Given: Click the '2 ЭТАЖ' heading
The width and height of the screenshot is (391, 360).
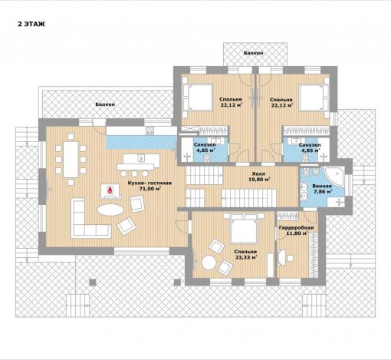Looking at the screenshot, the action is (31, 24).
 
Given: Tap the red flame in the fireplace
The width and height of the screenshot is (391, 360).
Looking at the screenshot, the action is (110, 190).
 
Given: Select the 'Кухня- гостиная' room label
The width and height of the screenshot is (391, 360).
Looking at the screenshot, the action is (149, 183).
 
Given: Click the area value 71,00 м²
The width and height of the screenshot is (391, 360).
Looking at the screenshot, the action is (150, 189).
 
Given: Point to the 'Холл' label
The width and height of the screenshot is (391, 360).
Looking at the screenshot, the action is (259, 174).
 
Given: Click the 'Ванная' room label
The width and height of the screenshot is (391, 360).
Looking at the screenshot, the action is (322, 186).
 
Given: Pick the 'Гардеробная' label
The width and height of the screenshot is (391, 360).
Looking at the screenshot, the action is (296, 227).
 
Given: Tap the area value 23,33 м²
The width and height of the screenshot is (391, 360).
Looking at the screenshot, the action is (246, 257).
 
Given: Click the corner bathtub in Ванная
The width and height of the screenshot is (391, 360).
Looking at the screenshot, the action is (333, 175).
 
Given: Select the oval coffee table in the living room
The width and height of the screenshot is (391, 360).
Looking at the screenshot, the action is (110, 210).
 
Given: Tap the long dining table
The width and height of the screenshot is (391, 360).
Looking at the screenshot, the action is (71, 159).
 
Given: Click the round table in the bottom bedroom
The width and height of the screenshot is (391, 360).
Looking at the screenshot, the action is (209, 262).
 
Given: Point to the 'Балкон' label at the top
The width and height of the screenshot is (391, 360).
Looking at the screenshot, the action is (253, 53).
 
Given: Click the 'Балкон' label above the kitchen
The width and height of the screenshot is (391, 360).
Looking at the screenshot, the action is (105, 104).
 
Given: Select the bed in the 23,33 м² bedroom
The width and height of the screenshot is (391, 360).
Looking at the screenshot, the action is (243, 228).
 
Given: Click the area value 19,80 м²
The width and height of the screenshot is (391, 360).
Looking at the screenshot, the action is (259, 180).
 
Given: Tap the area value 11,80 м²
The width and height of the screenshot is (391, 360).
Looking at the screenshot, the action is (297, 233).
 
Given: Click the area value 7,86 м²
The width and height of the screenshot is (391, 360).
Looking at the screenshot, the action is (322, 192).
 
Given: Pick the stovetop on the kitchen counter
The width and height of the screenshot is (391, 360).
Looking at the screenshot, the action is (149, 130).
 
